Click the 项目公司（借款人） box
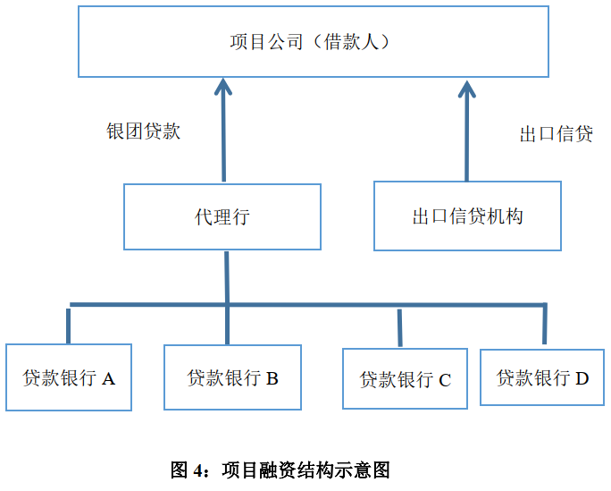point(313,42)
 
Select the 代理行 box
point(222,216)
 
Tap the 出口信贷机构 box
point(467,216)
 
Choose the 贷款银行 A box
point(69,377)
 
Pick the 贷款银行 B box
point(232,377)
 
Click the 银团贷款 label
point(144,131)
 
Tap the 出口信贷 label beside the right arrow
point(556,134)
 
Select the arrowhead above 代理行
point(223,88)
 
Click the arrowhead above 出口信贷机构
point(466,88)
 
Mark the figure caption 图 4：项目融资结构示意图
point(280,470)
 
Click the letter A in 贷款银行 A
point(109,378)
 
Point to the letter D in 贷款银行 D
point(582,378)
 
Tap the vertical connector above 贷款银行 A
point(68,325)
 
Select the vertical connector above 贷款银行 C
point(399,326)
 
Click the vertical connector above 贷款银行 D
point(544,325)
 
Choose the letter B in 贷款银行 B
point(272,378)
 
